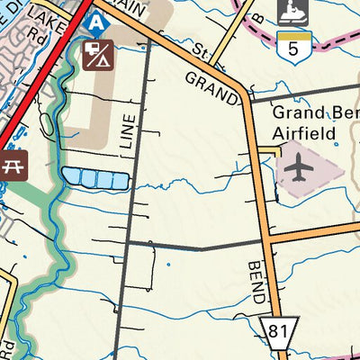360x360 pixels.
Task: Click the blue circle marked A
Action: pos(97,19)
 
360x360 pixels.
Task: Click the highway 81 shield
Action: pos(277,332)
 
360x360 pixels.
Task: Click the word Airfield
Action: pos(305,133)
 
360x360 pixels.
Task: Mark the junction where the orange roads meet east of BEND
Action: pos(268,239)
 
